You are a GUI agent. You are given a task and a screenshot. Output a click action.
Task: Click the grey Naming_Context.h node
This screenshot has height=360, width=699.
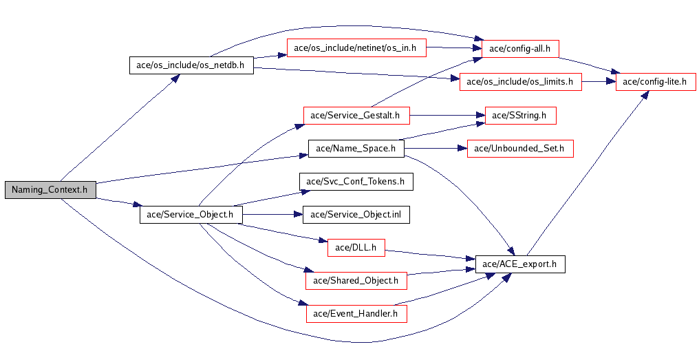point(50,190)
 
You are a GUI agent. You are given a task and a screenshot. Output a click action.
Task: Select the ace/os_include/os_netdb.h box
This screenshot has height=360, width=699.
point(191,66)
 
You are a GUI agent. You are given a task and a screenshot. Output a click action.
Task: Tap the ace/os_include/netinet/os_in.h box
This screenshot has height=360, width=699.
point(355,48)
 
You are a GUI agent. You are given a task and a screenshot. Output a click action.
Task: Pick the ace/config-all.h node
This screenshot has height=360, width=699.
point(520,48)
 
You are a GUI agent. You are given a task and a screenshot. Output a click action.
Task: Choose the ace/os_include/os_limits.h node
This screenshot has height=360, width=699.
point(520,81)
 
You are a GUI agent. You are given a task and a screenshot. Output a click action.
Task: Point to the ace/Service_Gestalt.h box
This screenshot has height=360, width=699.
point(356,115)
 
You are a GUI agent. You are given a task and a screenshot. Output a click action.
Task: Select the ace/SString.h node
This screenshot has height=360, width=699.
point(519,115)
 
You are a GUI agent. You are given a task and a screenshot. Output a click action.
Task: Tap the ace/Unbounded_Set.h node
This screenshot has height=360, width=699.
point(520,148)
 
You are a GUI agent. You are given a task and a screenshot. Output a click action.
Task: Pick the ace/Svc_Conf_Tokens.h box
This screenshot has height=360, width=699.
point(356,181)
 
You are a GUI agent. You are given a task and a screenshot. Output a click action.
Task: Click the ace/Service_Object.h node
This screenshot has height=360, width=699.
point(191,214)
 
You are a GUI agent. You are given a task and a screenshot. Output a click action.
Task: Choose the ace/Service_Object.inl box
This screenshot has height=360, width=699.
point(356,214)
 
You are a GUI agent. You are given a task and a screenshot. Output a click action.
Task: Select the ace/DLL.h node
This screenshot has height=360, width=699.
point(356,247)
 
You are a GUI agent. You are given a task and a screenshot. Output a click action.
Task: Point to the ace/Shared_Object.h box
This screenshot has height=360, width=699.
point(356,280)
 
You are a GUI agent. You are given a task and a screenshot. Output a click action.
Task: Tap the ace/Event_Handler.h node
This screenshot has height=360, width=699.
point(356,313)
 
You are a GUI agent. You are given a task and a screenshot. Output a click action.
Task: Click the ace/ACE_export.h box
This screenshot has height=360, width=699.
point(520,264)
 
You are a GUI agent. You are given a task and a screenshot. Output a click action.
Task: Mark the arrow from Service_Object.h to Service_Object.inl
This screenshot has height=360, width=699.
point(272,214)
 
